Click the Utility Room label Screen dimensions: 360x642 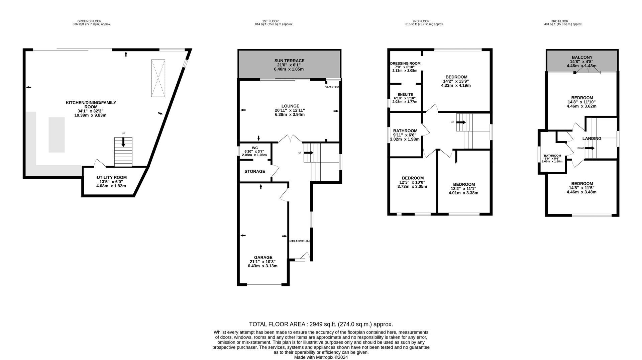click(112, 178)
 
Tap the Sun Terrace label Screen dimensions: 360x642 click(289, 61)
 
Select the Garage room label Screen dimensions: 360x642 click(263, 258)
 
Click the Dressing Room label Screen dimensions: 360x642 click(405, 64)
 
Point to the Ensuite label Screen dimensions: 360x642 click(405, 95)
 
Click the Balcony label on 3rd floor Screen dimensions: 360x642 click(582, 57)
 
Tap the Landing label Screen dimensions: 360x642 click(592, 139)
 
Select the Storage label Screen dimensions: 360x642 click(255, 172)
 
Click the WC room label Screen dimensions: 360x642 click(255, 148)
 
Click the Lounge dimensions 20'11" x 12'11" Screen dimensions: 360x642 click(290, 110)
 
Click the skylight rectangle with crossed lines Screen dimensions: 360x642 click(158, 78)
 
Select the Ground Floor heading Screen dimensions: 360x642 click(89, 21)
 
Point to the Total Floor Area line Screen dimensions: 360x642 click(321, 324)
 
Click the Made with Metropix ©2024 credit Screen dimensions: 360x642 click(321, 357)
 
